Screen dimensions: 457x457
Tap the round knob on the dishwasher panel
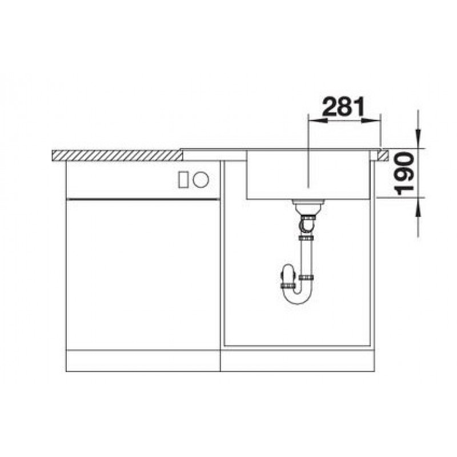(x=201, y=179)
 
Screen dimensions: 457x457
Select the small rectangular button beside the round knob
(x=183, y=179)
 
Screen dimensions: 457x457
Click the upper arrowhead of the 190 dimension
(x=418, y=139)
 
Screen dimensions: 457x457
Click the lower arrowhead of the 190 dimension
(x=418, y=207)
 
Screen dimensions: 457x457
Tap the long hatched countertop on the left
(x=118, y=155)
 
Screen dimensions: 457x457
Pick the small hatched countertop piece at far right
(x=383, y=155)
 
